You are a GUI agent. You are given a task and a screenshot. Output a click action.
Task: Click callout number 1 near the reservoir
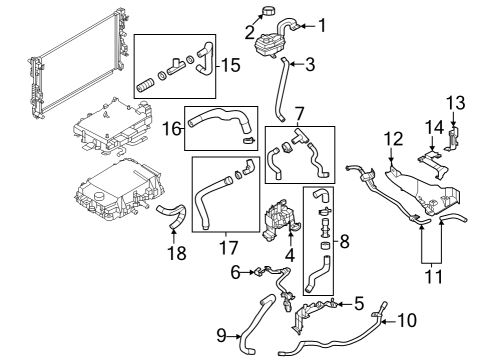click(322, 24)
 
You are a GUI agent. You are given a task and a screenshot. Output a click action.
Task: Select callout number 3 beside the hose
click(310, 66)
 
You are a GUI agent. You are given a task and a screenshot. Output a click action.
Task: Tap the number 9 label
click(222, 336)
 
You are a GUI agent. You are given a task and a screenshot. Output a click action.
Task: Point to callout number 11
click(432, 271)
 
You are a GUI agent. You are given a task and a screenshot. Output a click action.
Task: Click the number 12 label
click(393, 138)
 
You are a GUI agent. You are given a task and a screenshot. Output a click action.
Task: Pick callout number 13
click(455, 102)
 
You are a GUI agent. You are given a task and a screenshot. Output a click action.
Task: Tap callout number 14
click(434, 127)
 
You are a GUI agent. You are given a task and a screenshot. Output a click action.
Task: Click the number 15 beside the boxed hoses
click(230, 66)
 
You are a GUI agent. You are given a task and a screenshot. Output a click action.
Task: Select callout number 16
click(171, 127)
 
